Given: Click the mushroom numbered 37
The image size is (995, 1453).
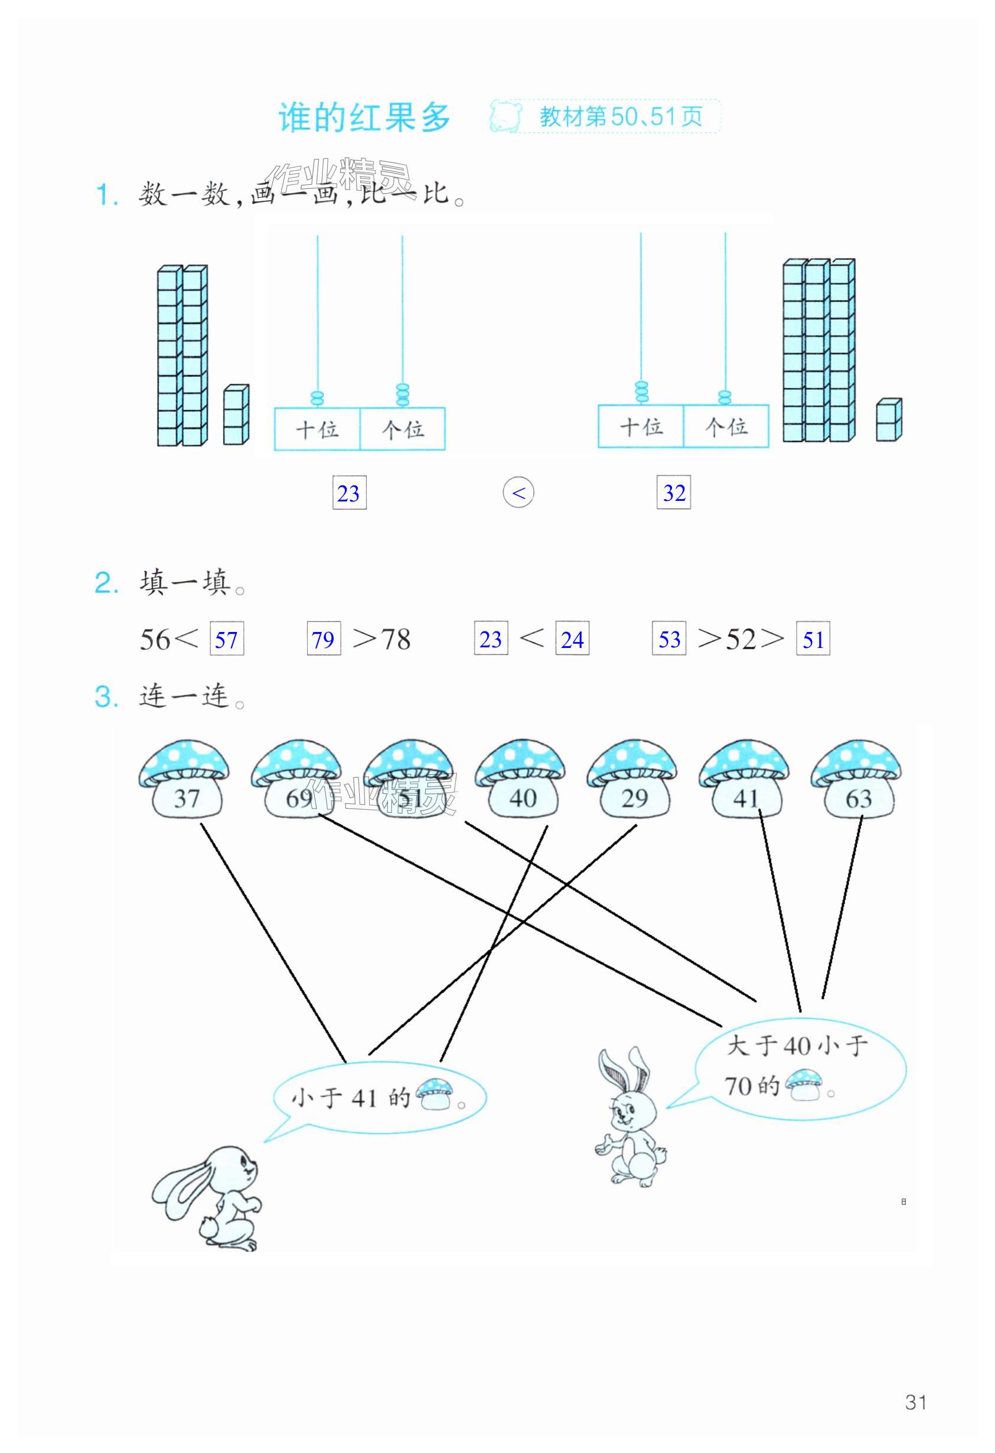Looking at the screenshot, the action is pos(184,778).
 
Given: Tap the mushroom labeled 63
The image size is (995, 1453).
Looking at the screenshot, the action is pos(856,779).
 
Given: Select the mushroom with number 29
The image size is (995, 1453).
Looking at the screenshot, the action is pos(632,778).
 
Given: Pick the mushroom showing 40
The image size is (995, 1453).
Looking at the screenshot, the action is pos(520,778).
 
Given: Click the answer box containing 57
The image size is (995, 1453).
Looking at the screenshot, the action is pos(226,638).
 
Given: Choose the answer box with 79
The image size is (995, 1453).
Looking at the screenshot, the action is pos(324,638).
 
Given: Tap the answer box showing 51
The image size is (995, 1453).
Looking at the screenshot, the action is pos(813,638).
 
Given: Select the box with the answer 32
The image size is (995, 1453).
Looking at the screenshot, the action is pos(674,493).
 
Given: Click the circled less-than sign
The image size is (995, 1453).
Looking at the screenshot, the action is pos(518,493).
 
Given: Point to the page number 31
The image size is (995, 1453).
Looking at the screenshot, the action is pos(916,1402).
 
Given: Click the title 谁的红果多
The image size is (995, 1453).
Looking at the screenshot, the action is pos(364,117).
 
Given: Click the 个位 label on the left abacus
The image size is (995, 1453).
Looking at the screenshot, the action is pos(403,429).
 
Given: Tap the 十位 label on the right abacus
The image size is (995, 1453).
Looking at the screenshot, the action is pos(641,427).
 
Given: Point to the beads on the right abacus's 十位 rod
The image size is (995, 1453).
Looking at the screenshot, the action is pos(641,392).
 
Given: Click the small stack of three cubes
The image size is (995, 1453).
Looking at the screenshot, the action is pos(236,415).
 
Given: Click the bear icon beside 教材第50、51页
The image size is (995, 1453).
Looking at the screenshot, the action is pos(505,116).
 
